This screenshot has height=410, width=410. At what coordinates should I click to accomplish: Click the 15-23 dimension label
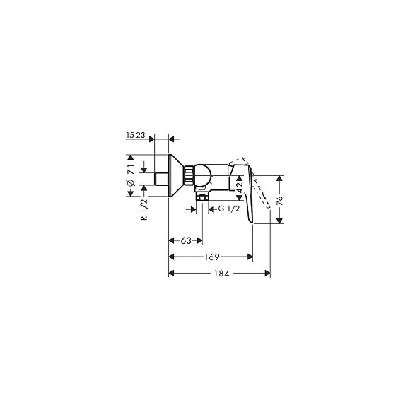[136, 135]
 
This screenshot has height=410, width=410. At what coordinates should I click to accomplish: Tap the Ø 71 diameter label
[131, 175]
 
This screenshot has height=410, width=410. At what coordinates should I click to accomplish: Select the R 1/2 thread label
[144, 210]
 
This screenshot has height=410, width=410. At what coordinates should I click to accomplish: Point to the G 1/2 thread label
[229, 209]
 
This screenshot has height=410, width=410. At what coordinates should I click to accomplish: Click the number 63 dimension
[186, 240]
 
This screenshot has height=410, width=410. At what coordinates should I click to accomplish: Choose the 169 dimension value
[211, 257]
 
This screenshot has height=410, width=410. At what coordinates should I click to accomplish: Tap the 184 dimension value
[222, 274]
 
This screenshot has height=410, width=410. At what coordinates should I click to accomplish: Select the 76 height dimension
[280, 200]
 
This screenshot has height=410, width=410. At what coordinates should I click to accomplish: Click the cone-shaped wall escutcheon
[175, 175]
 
